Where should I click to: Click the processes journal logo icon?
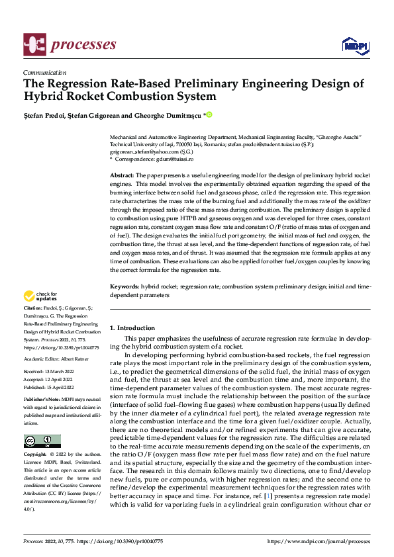34,44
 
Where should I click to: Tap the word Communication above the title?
44,73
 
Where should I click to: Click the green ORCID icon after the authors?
210,115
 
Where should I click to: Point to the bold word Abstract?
122,173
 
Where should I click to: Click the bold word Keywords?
124,286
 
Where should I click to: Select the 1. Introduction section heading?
132,328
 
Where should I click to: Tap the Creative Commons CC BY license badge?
42,441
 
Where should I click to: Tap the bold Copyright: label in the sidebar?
35,455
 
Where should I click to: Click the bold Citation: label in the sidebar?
32,309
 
